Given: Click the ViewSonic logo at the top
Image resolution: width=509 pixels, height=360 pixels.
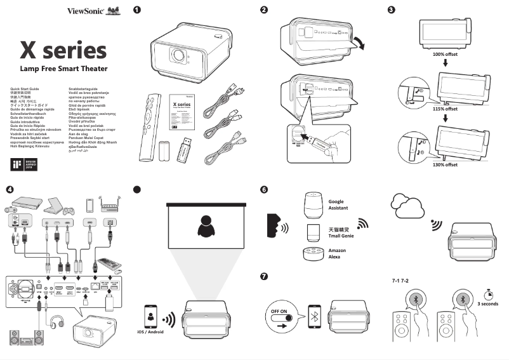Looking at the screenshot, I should [85, 11].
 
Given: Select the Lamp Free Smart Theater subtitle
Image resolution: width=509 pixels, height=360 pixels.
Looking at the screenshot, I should [63, 67].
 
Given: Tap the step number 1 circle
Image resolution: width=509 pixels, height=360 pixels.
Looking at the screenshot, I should [136, 10].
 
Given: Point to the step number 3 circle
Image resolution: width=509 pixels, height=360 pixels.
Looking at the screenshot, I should [391, 10].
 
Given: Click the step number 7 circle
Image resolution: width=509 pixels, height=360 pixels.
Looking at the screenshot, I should [264, 277].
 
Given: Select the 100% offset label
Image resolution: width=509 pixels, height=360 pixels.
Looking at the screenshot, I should [444, 55].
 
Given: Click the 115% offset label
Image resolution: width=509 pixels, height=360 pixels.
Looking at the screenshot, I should [444, 109].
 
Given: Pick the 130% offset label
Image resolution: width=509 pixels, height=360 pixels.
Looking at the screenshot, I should [444, 164].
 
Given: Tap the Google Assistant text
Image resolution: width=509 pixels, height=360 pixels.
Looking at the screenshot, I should [339, 205].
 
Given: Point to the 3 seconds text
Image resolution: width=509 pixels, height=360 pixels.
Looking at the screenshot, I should [489, 303].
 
